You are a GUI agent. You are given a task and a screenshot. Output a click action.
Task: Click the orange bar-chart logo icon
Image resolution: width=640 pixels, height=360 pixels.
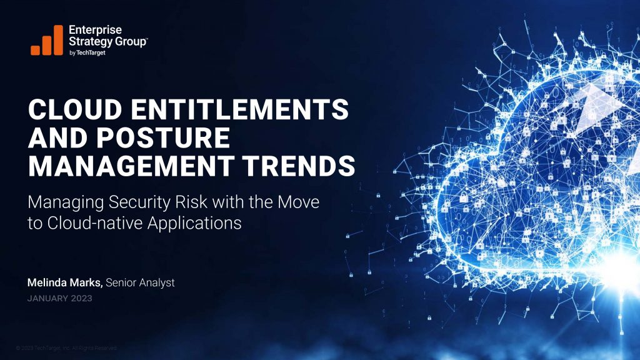(x=47, y=41)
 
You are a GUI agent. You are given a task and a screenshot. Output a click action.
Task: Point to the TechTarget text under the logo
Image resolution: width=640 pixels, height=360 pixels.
(x=91, y=52)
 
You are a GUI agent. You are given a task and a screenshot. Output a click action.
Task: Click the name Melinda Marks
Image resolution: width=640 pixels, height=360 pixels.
(x=65, y=283)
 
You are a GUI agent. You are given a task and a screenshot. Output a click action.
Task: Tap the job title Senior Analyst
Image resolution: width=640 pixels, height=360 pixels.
(x=140, y=283)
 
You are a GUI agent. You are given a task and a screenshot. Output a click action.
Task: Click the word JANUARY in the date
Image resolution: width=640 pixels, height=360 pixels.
(x=47, y=298)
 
